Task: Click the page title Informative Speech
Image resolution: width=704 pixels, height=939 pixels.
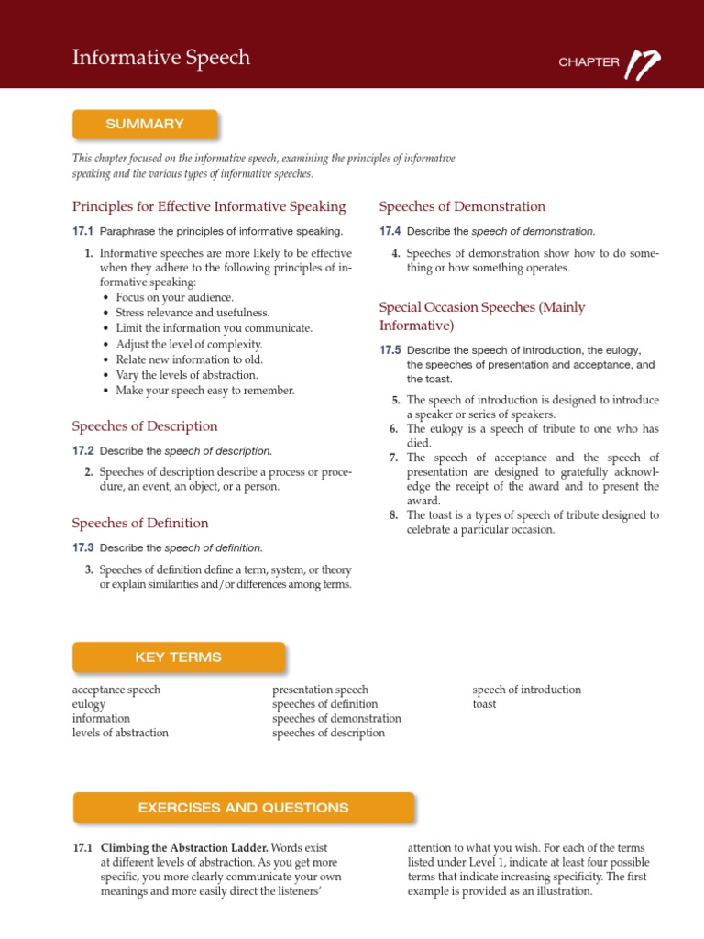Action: coord(161,59)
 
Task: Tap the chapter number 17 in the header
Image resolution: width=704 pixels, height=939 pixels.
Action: coord(643,62)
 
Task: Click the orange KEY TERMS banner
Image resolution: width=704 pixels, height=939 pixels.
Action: coord(178,657)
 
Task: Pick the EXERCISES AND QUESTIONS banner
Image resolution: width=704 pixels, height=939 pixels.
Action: coord(243,808)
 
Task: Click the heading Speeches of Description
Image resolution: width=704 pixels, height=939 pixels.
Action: coord(145,426)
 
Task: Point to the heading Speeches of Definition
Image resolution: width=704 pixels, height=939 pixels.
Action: coord(140,524)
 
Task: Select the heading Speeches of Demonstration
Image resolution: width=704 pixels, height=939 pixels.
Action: coord(462,206)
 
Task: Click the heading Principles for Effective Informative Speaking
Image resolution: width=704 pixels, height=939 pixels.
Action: coord(209,206)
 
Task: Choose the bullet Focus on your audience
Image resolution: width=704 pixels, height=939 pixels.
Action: coord(174,297)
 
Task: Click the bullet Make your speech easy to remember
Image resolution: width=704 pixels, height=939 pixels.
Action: coord(204,391)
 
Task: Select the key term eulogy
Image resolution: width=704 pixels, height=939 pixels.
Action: coord(89,704)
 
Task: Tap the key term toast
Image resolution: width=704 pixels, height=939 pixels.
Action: coord(484,704)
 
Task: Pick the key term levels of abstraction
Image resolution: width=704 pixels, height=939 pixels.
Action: coord(120,733)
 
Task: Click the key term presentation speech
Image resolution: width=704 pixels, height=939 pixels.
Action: coord(320,690)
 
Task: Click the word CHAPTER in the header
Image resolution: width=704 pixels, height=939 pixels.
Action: coord(588,63)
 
